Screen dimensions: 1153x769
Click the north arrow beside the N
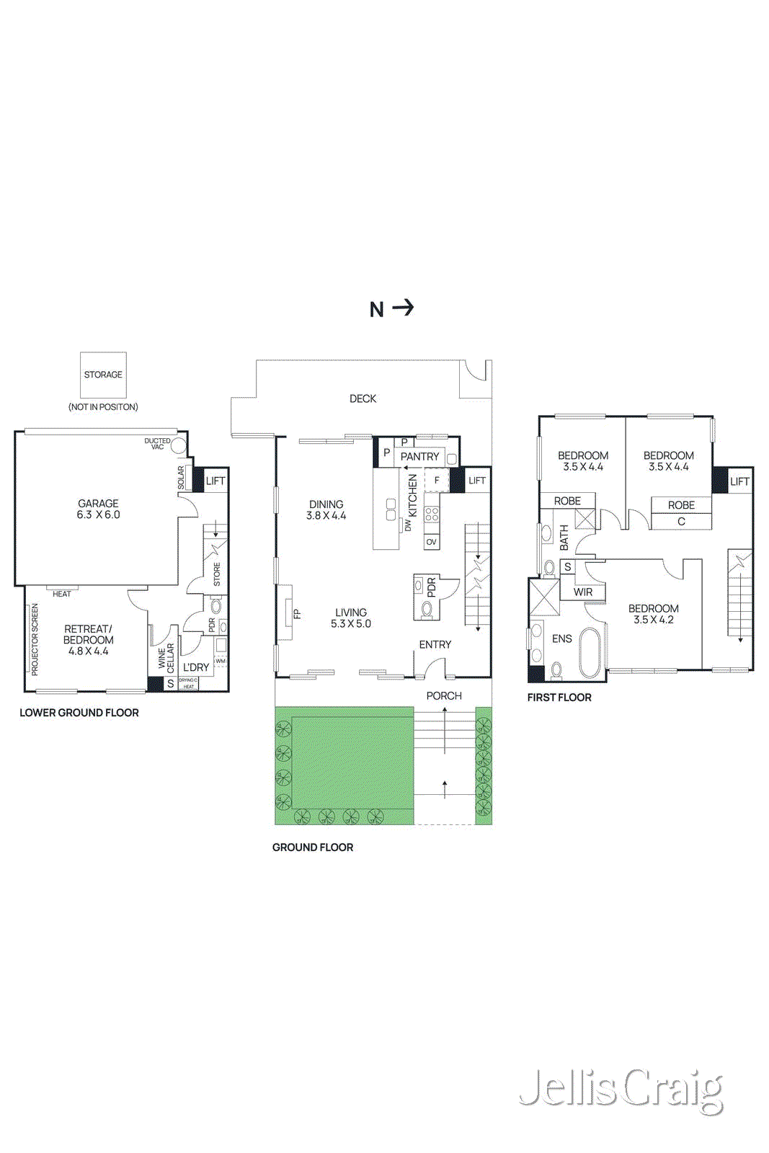(404, 308)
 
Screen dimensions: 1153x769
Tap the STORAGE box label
(103, 375)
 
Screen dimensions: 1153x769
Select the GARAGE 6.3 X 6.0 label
(99, 509)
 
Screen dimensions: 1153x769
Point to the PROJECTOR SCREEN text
(35, 639)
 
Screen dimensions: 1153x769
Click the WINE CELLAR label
(166, 658)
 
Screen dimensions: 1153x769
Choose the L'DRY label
(195, 667)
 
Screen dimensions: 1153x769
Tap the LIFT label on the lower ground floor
(215, 481)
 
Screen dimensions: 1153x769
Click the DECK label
(363, 399)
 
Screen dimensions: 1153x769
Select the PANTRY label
(419, 456)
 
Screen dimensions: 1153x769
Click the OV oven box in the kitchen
(431, 542)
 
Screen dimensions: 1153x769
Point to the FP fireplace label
(296, 615)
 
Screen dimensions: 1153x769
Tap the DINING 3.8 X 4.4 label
(326, 509)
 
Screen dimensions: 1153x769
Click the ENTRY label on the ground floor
(435, 644)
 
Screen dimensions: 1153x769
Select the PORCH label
(444, 695)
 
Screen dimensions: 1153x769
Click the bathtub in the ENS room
(590, 654)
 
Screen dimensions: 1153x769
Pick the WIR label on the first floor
(583, 592)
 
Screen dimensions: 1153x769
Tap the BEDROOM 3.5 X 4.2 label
(653, 614)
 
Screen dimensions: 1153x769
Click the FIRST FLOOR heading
(559, 697)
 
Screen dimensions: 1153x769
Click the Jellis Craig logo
(621, 1089)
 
